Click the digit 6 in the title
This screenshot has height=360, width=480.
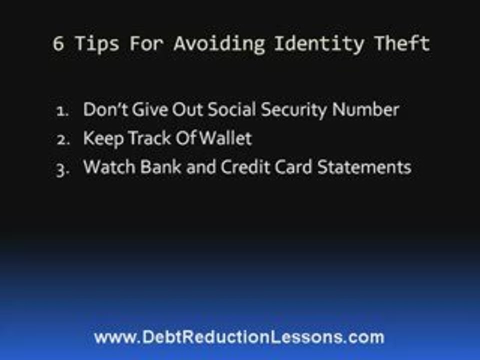pos(58,44)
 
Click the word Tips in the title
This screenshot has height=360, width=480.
pos(97,44)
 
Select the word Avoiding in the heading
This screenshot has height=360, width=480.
pos(219,44)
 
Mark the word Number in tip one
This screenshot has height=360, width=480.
pos(368,109)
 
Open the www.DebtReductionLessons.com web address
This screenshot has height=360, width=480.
pos(239,337)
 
